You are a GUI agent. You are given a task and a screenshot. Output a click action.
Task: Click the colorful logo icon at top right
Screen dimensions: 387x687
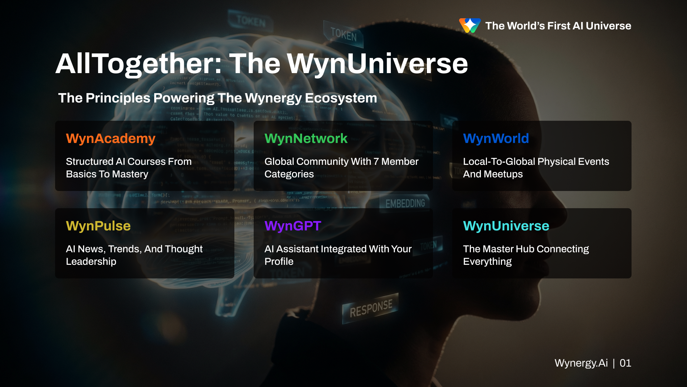[x=470, y=25]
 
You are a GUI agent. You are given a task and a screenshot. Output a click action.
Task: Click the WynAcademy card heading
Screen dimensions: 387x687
[x=111, y=139]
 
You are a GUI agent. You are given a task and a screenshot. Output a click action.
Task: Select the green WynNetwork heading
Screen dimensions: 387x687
[x=306, y=139]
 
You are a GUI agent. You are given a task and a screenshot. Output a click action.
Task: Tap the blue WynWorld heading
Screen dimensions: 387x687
[x=496, y=139]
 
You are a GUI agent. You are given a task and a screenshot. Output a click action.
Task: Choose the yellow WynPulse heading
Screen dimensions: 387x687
[x=98, y=226]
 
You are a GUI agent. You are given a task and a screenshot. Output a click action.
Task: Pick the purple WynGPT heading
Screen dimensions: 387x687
[x=293, y=226]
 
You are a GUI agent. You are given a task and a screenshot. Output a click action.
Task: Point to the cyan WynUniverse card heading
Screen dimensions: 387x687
[x=506, y=226]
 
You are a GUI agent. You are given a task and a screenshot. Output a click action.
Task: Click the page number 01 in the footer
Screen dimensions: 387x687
[x=625, y=363]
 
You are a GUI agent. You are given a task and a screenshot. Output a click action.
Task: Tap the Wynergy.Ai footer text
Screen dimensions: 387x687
[x=581, y=363]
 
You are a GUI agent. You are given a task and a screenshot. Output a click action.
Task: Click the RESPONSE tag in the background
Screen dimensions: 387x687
[x=371, y=308]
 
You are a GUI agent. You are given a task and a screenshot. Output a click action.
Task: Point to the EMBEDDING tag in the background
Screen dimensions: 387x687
[x=405, y=204]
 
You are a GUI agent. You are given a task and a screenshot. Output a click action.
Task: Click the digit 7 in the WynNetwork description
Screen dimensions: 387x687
[x=376, y=162]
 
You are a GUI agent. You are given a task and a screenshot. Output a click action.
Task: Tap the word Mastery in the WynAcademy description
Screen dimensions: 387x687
[x=130, y=174]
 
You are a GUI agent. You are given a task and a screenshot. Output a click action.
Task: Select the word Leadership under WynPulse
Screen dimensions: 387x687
[x=91, y=262]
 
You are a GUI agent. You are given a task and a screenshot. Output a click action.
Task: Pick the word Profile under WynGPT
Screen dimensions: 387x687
[x=279, y=262]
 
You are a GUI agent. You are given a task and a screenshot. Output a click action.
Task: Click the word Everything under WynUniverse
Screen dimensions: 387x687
[x=487, y=262]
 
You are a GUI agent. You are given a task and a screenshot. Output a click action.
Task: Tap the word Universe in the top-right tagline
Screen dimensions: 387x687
[x=608, y=26]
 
